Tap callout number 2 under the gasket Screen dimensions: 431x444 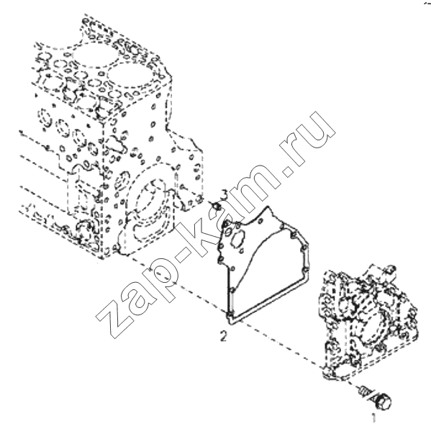224,337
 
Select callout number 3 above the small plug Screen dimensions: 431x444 224,195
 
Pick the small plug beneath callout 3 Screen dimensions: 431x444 217,206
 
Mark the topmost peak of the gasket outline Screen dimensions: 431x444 268,207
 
